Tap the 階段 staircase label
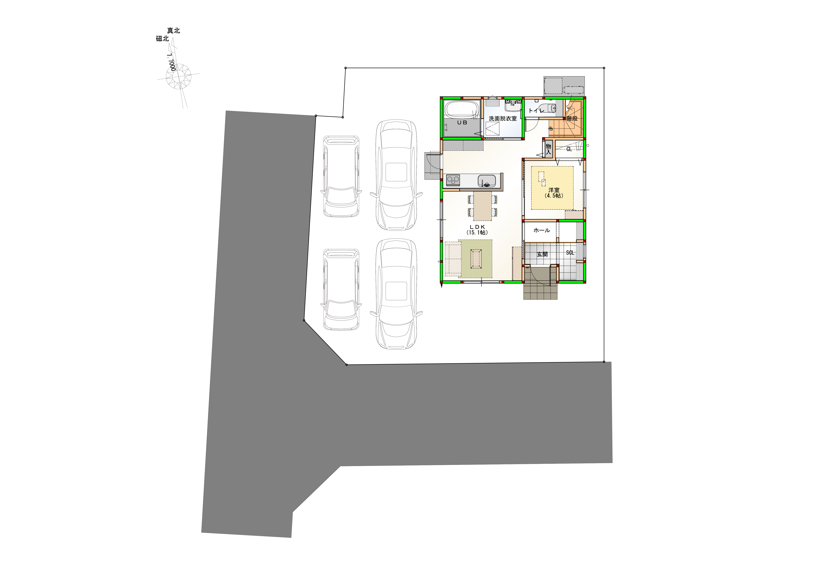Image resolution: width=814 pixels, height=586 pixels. (x=572, y=118)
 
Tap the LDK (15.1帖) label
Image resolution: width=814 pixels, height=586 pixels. (x=477, y=230)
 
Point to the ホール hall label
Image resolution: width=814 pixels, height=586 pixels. (x=542, y=230)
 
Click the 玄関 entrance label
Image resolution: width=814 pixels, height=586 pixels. (x=542, y=254)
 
